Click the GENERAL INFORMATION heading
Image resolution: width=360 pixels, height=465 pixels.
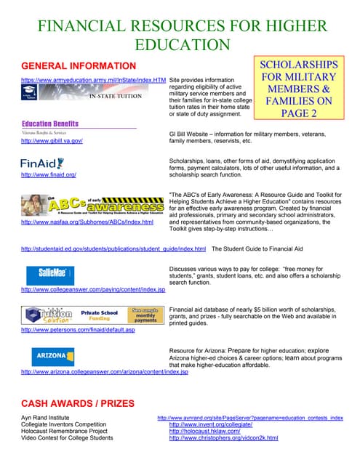pyautogui.click(x=79, y=66)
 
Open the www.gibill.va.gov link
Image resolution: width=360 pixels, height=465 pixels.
pyautogui.click(x=52, y=141)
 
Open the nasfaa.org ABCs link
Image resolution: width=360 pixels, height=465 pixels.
pyautogui.click(x=88, y=222)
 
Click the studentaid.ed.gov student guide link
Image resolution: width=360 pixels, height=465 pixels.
pyautogui.click(x=113, y=248)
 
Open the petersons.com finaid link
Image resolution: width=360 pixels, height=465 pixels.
pyautogui.click(x=78, y=330)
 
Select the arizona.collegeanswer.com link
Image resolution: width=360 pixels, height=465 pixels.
pyautogui.click(x=105, y=372)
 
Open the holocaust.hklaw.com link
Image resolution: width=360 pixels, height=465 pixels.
pyautogui.click(x=210, y=432)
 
